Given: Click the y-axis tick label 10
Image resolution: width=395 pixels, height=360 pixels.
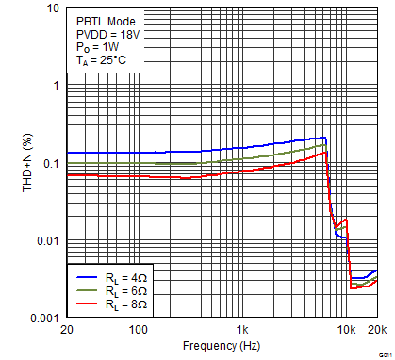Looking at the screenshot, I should click(52, 8).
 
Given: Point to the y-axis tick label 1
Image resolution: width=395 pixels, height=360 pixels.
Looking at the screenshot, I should click(56, 86).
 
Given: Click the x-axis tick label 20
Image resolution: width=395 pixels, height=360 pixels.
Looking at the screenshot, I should click(65, 331).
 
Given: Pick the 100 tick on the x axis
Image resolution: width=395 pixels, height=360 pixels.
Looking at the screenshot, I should click(139, 331).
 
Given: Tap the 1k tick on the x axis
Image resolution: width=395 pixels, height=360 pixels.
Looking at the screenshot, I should click(243, 331).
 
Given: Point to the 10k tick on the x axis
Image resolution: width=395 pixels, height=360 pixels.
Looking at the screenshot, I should click(346, 331).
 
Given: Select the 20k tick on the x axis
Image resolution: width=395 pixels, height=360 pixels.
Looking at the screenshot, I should click(376, 331).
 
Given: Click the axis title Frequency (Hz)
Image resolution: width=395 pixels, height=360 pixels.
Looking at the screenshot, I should click(221, 347).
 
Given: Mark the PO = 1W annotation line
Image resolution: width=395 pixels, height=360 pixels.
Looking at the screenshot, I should click(99, 46).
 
